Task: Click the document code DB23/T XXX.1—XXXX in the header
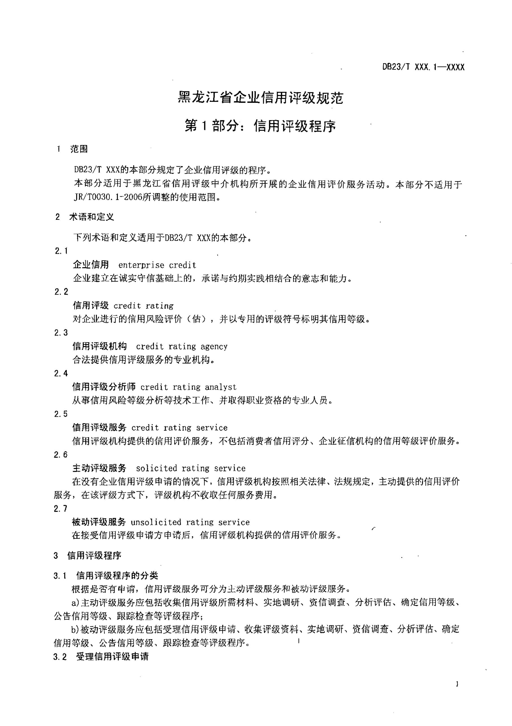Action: tap(423, 67)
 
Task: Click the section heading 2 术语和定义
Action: tap(84, 217)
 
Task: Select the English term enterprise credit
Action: tap(157, 265)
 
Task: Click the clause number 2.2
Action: tap(61, 291)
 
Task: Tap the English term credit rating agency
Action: tap(182, 346)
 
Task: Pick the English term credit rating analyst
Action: tap(188, 387)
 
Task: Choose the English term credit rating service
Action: tap(179, 427)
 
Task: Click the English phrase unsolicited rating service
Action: tap(190, 522)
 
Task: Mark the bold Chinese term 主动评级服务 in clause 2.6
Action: tap(99, 468)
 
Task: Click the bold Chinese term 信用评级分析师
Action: tap(104, 387)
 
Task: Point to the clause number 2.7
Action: tap(61, 509)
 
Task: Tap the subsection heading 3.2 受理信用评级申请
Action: tap(101, 657)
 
